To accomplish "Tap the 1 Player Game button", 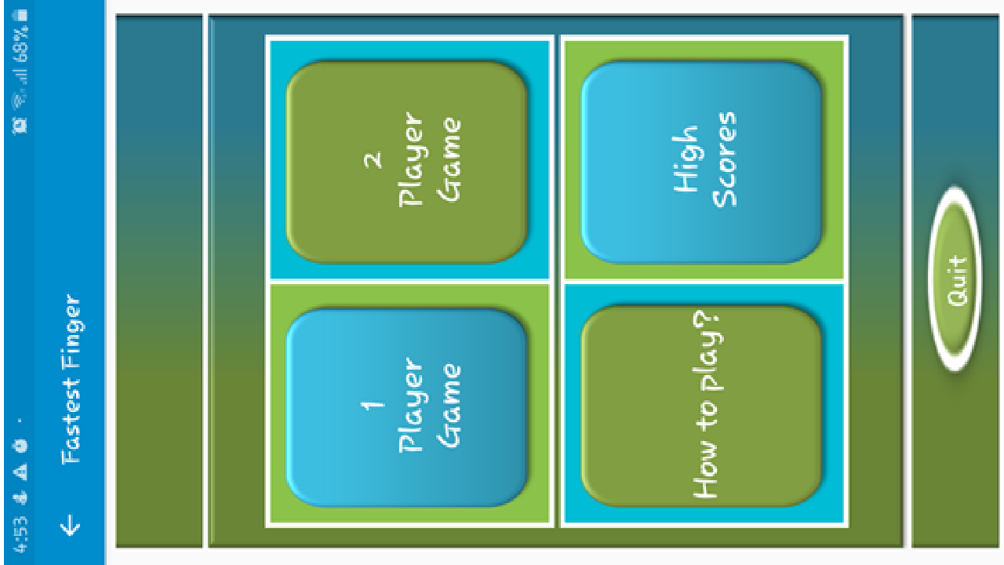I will point(407,406).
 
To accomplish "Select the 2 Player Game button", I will point(407,162).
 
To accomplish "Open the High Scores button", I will point(702,162).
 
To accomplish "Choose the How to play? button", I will point(702,406).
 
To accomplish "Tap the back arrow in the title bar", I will point(71,524).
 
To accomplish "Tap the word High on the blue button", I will point(686,159).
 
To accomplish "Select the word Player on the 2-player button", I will point(411,162).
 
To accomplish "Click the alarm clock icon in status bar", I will point(21,124).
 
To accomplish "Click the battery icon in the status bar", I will point(21,15).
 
